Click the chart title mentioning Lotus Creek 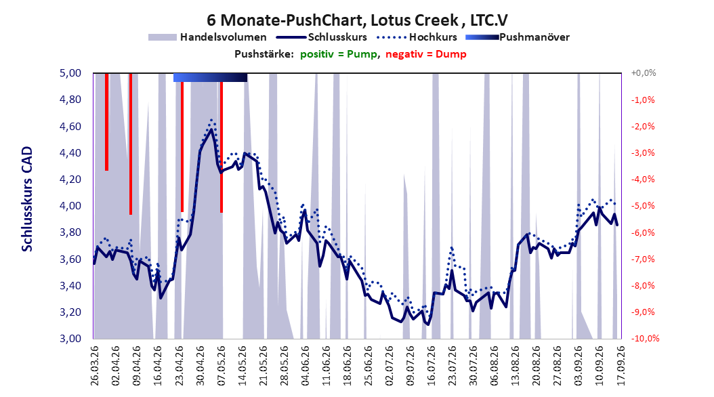(357, 20)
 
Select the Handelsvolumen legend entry (207, 37)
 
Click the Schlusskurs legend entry (321, 37)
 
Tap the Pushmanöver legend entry (518, 37)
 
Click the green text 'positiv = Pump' (339, 54)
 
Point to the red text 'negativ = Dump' (426, 54)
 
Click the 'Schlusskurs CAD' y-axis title (27, 198)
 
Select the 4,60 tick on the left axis (70, 126)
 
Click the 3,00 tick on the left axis (70, 338)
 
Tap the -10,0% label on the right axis (645, 338)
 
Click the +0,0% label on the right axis (644, 73)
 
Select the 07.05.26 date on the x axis (222, 365)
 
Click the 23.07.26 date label (452, 365)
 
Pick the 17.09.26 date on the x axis (621, 365)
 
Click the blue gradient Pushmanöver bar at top (211, 77)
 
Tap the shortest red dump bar (106, 121)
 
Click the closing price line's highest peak (211, 129)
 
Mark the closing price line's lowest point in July (427, 324)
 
